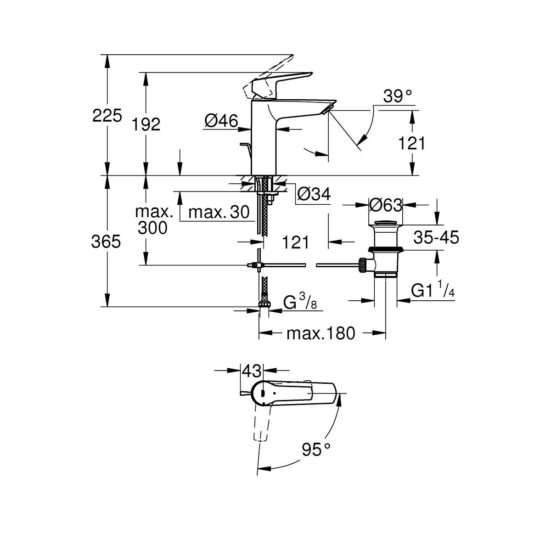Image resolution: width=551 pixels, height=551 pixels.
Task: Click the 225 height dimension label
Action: tap(107, 116)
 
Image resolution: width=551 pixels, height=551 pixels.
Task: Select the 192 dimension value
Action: tap(146, 124)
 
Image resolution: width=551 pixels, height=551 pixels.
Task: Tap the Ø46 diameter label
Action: tap(221, 121)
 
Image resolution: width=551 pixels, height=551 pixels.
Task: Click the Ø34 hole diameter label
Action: tap(314, 194)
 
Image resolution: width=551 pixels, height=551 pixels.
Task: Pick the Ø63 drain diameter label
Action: tap(386, 205)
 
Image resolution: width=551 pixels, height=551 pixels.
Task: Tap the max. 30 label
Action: tap(219, 212)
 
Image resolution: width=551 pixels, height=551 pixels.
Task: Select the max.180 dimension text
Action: tap(321, 333)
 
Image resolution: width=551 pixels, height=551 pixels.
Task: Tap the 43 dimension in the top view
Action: tap(252, 370)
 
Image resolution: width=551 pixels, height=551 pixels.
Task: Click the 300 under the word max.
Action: tap(153, 227)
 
